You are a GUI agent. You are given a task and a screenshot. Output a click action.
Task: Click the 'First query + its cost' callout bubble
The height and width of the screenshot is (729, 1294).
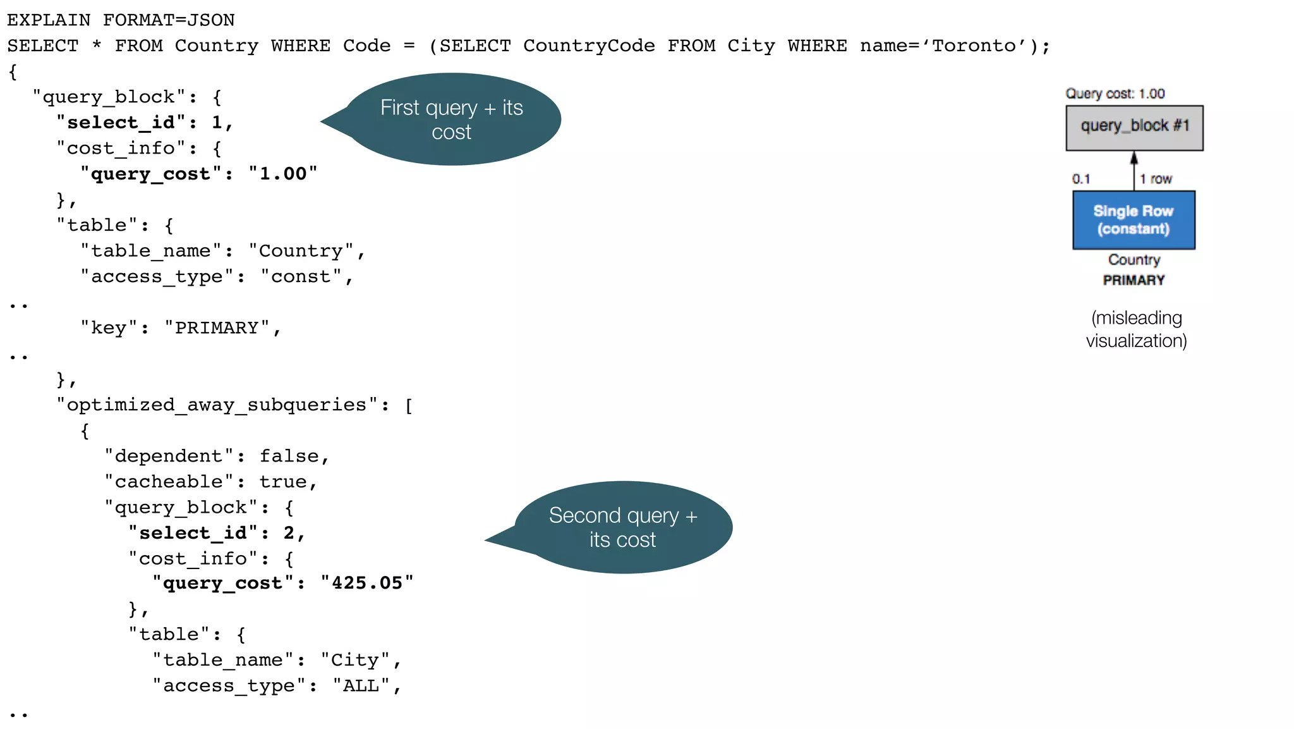(x=452, y=119)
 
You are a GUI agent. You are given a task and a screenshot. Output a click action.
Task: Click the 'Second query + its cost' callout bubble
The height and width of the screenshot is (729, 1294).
(x=622, y=527)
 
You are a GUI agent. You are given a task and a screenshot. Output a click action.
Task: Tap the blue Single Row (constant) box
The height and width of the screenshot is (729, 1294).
(x=1134, y=220)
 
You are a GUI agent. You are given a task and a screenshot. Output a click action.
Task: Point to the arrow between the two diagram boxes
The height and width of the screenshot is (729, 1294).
(x=1134, y=171)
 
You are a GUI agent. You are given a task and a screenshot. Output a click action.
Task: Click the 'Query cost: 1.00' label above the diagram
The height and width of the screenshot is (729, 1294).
(x=1115, y=94)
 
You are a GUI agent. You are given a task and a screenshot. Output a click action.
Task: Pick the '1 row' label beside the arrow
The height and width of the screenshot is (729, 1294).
(x=1156, y=179)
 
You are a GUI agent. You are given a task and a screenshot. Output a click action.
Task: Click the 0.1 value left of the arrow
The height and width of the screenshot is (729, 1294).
(x=1081, y=179)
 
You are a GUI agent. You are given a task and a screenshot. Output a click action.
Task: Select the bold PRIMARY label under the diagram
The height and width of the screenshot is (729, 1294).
(x=1134, y=280)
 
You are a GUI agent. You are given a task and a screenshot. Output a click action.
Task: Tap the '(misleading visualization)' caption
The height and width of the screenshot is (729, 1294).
(x=1136, y=329)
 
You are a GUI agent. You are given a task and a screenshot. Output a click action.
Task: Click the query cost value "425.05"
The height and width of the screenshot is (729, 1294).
(x=367, y=583)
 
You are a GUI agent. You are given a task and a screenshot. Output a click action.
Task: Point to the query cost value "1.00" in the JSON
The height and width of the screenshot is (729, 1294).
(x=283, y=174)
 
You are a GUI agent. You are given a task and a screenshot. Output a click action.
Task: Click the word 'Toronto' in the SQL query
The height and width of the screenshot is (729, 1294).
(x=974, y=46)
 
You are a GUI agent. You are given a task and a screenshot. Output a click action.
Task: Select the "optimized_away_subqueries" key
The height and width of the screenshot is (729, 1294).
(x=217, y=405)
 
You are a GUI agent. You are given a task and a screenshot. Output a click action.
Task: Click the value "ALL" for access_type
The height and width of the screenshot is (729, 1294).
(x=361, y=686)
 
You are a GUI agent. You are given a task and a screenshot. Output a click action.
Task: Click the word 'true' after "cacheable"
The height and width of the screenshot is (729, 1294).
(x=283, y=482)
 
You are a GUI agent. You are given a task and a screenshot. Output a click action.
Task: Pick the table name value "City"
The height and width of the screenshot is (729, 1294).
(x=355, y=660)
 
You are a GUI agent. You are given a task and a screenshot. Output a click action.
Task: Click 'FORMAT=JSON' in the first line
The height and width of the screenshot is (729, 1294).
(x=169, y=20)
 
